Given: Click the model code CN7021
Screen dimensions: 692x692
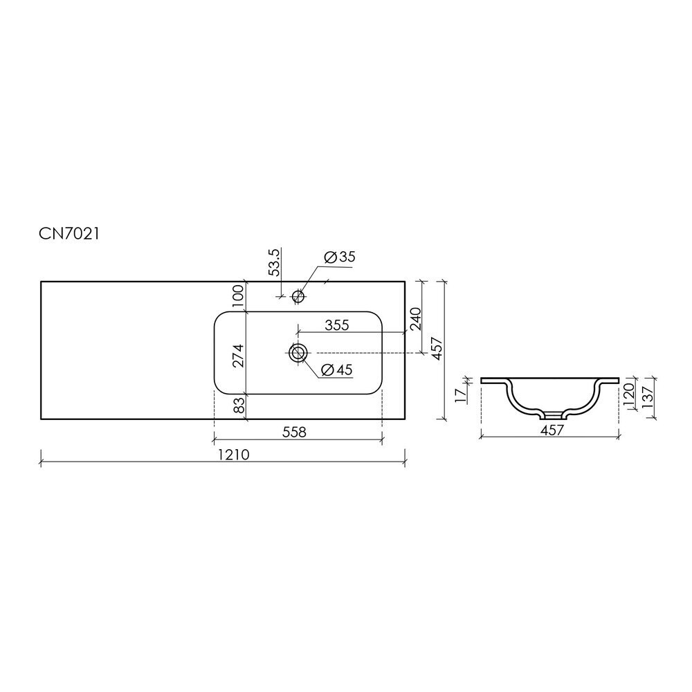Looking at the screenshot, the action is click(x=69, y=234).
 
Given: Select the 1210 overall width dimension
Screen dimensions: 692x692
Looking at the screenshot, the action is click(x=233, y=455).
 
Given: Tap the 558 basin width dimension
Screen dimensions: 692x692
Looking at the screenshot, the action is click(x=294, y=432).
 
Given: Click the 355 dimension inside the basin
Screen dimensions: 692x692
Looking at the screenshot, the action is click(x=337, y=325).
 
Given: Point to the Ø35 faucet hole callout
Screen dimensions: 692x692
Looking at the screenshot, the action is click(x=339, y=257).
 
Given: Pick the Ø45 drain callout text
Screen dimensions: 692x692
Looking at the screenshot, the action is click(x=337, y=370).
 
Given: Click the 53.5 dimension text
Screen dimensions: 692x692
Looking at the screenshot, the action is click(x=274, y=262).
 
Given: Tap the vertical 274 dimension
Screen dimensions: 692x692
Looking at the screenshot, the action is click(x=238, y=355).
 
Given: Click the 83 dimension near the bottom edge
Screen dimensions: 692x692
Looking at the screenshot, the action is click(x=238, y=405).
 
